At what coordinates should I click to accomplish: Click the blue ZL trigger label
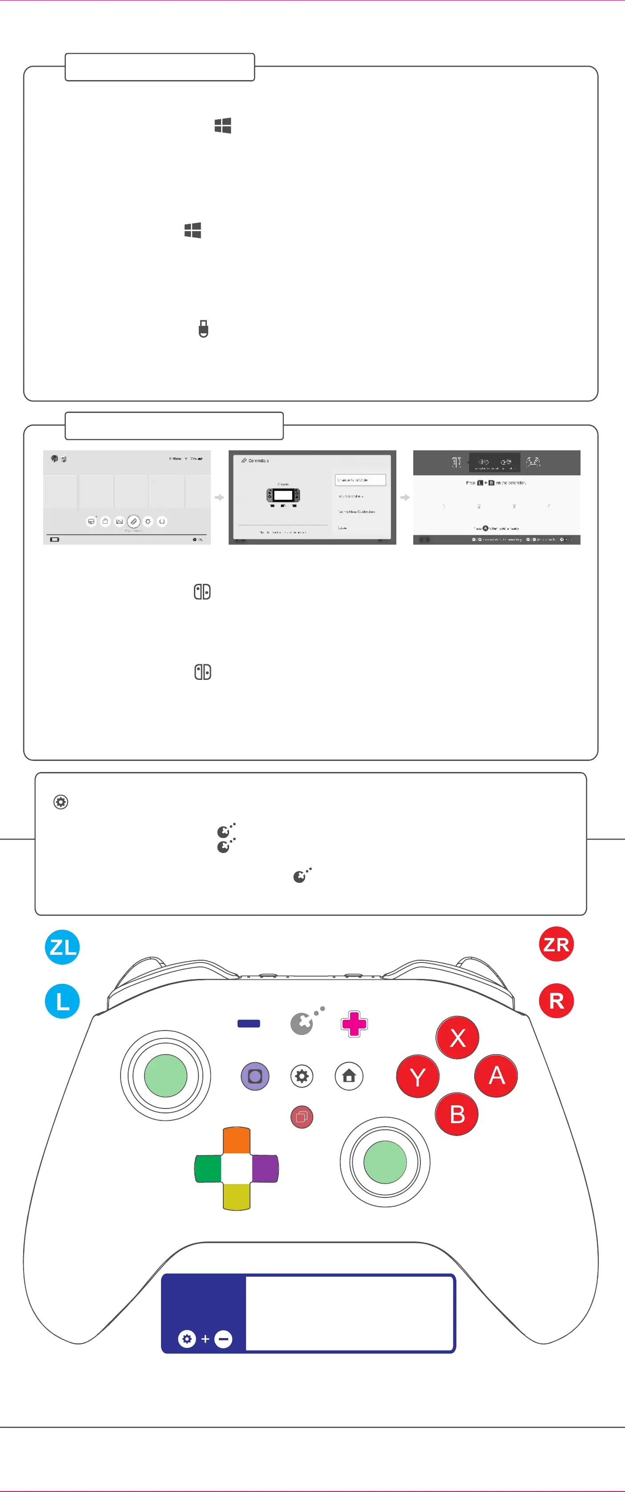pyautogui.click(x=62, y=947)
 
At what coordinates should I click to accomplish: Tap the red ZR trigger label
pyautogui.click(x=556, y=944)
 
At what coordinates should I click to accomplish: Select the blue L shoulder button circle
pyautogui.click(x=62, y=1001)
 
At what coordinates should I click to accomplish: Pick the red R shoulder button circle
pyautogui.click(x=556, y=1000)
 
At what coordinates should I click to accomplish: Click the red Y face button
pyautogui.click(x=418, y=1076)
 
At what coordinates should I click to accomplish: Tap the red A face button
pyautogui.click(x=496, y=1076)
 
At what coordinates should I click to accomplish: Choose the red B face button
pyautogui.click(x=456, y=1114)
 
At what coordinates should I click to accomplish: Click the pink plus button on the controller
pyautogui.click(x=354, y=1024)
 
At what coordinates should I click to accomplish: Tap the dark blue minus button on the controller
pyautogui.click(x=249, y=1023)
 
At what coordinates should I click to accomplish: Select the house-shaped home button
pyautogui.click(x=349, y=1076)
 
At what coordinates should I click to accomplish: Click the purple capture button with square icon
pyautogui.click(x=255, y=1076)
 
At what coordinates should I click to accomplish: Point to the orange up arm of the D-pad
pyautogui.click(x=236, y=1140)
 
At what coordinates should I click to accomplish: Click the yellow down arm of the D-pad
pyautogui.click(x=236, y=1197)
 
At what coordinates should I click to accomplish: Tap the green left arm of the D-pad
pyautogui.click(x=208, y=1168)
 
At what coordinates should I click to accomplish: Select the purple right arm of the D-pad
pyautogui.click(x=265, y=1168)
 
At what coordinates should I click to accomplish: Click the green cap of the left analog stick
pyautogui.click(x=165, y=1076)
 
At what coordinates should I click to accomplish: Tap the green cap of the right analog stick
pyautogui.click(x=385, y=1162)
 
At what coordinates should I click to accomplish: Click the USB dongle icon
pyautogui.click(x=203, y=328)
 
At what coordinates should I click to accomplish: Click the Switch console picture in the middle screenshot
pyautogui.click(x=283, y=496)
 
